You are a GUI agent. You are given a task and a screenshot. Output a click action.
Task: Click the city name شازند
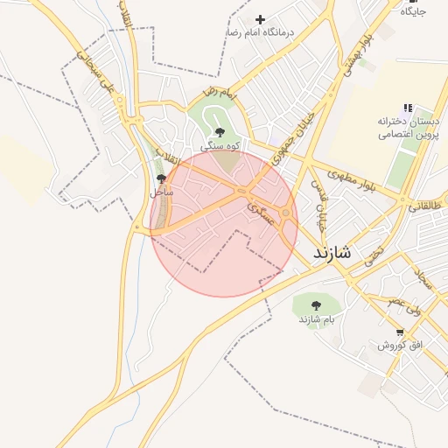[332, 255]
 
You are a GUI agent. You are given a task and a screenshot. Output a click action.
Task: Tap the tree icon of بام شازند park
[316, 305]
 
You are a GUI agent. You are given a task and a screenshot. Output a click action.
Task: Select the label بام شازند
[317, 319]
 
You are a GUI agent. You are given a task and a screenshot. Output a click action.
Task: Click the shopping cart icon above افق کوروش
[401, 332]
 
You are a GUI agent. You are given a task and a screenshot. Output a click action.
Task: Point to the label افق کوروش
[400, 346]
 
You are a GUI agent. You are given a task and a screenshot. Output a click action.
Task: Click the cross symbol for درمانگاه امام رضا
[260, 19]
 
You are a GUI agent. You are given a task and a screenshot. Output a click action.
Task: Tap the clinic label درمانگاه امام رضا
[259, 32]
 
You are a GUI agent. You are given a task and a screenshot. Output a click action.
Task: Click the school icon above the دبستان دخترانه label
[408, 108]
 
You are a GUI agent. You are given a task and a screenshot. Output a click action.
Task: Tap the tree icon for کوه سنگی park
[219, 131]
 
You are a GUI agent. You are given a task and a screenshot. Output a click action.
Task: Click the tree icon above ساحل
[159, 178]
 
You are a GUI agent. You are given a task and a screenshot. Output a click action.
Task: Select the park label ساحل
[160, 191]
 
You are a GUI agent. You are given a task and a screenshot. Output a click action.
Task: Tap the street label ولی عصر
[404, 302]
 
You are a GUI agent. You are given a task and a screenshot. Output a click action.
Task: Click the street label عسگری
[261, 213]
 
